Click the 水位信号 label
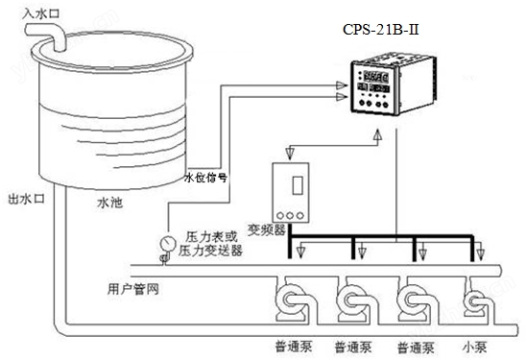point(205,178)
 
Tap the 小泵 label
point(472,345)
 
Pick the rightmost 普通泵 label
point(416,345)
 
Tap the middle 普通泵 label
point(352,345)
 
